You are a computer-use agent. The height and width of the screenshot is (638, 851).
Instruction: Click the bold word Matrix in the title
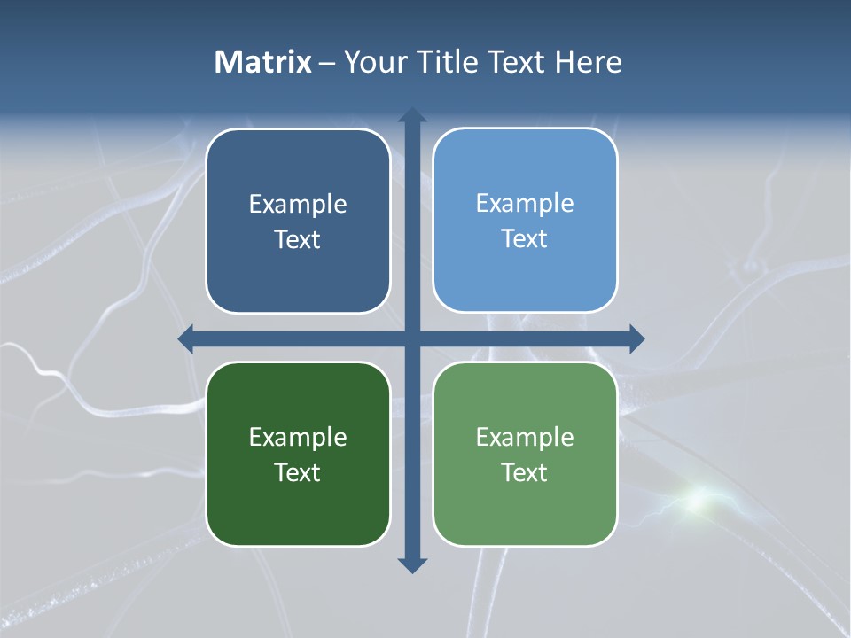tap(262, 62)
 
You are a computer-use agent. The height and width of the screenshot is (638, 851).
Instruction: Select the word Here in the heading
tap(588, 62)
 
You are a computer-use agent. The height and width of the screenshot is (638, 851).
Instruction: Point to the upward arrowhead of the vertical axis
tap(411, 116)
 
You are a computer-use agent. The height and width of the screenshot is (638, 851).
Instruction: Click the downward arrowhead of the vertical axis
tap(411, 564)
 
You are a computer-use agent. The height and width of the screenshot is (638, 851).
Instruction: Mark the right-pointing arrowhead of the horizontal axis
tap(636, 338)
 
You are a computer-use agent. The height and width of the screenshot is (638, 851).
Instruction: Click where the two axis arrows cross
tap(411, 338)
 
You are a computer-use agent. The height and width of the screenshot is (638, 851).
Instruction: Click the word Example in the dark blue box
tap(298, 205)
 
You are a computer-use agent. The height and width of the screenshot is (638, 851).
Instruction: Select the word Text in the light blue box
tap(525, 238)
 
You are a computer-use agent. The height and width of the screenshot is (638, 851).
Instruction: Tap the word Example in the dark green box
tap(298, 437)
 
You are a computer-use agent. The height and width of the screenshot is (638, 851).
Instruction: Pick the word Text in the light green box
tap(525, 472)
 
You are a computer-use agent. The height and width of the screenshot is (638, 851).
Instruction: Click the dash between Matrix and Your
tap(327, 63)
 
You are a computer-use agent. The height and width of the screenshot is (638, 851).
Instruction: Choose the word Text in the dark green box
tap(298, 472)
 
